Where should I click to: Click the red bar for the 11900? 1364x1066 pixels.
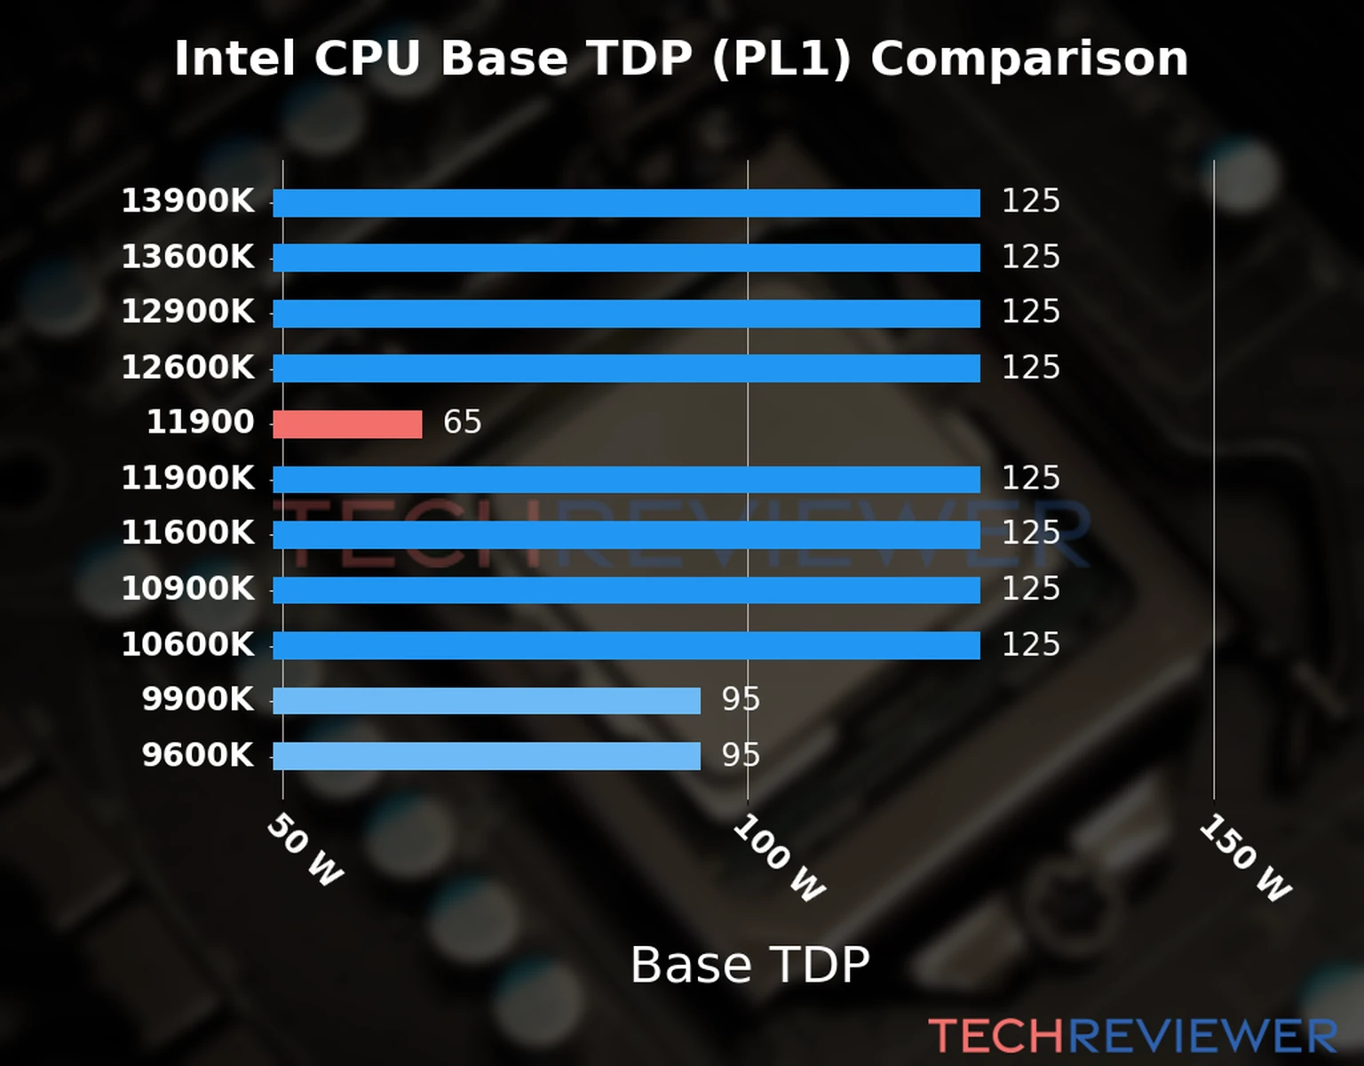[x=347, y=424]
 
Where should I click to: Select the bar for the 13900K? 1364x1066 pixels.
[x=626, y=203]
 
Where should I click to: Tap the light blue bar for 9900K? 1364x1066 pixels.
[x=486, y=700]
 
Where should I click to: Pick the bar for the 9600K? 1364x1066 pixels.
[x=486, y=756]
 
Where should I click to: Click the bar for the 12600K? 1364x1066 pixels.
[x=626, y=369]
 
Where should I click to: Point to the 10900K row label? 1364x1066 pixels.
[x=187, y=588]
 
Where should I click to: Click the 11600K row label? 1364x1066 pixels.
[x=187, y=533]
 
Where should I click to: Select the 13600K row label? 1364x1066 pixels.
[x=187, y=257]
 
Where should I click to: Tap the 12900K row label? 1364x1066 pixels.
[x=187, y=312]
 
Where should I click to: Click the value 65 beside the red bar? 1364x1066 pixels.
[x=462, y=422]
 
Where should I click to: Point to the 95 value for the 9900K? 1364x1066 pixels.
[x=741, y=699]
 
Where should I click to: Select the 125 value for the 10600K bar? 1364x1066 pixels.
[x=1030, y=644]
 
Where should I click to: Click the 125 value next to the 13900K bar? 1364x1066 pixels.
[x=1030, y=201]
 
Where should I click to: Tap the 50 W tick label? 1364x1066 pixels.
[x=305, y=850]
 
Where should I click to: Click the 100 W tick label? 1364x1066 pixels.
[x=779, y=858]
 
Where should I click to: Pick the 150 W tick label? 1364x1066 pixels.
[x=1245, y=858]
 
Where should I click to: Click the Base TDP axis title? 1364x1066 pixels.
[x=749, y=965]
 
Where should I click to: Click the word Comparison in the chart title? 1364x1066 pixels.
[x=1028, y=59]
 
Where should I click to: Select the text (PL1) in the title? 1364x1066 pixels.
[x=781, y=59]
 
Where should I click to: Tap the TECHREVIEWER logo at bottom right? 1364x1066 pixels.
[x=1132, y=1036]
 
